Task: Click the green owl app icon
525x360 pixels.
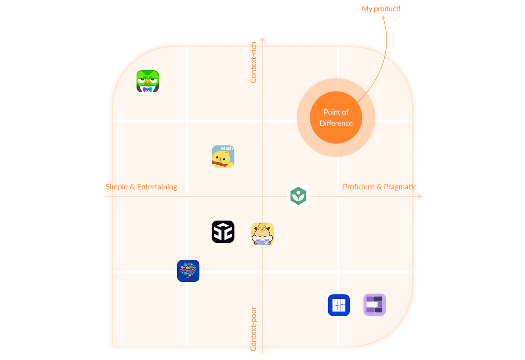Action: point(148,81)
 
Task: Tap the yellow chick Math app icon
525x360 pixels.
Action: point(223,157)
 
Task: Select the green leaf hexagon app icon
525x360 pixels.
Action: point(299,195)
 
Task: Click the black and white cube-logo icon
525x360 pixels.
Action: point(223,232)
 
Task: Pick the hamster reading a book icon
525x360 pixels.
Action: point(263,234)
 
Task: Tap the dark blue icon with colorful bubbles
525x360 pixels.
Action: point(188,271)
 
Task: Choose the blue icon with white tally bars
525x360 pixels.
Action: point(339,305)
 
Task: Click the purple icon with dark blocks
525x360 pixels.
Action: point(375,305)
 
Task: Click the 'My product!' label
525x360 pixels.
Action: point(381,8)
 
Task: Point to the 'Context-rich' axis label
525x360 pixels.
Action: point(253,63)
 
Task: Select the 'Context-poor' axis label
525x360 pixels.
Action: point(253,329)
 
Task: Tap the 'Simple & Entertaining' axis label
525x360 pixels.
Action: point(141,187)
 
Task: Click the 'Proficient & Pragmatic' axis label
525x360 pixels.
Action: point(380,187)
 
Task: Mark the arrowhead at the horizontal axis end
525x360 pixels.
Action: point(420,196)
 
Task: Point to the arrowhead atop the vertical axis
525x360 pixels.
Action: point(263,40)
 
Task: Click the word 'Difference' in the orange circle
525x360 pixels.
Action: point(336,123)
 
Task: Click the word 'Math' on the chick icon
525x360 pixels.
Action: point(227,148)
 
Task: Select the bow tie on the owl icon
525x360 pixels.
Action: point(147,89)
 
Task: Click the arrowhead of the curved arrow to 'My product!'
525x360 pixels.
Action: point(383,17)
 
